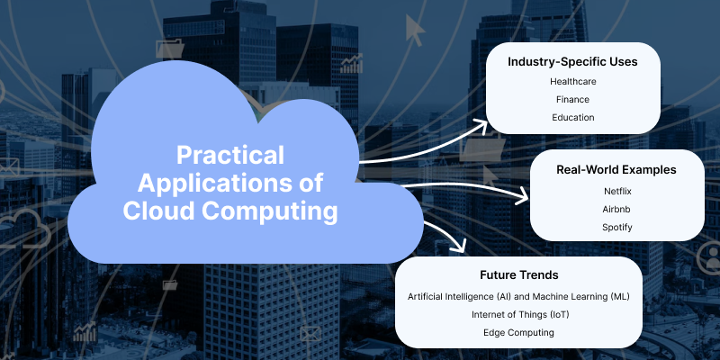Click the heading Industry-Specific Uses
(x=573, y=62)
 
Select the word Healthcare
(x=573, y=82)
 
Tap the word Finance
(x=573, y=100)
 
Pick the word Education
(x=573, y=118)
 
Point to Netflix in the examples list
(x=617, y=191)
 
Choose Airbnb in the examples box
(x=617, y=209)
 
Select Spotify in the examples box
(x=617, y=227)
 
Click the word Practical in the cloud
(x=230, y=154)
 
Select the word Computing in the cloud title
(x=281, y=212)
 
